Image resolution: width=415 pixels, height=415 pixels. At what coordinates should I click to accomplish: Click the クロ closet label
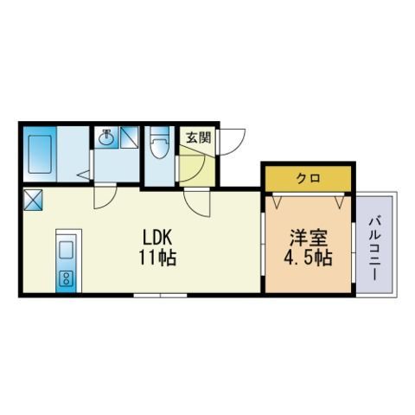(308, 179)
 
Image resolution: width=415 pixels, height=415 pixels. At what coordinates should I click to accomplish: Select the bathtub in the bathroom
(40, 154)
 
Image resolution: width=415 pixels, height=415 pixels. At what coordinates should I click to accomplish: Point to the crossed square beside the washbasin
(130, 138)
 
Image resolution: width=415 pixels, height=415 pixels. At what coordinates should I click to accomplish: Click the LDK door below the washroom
(105, 196)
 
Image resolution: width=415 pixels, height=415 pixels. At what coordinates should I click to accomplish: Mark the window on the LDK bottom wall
(160, 296)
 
